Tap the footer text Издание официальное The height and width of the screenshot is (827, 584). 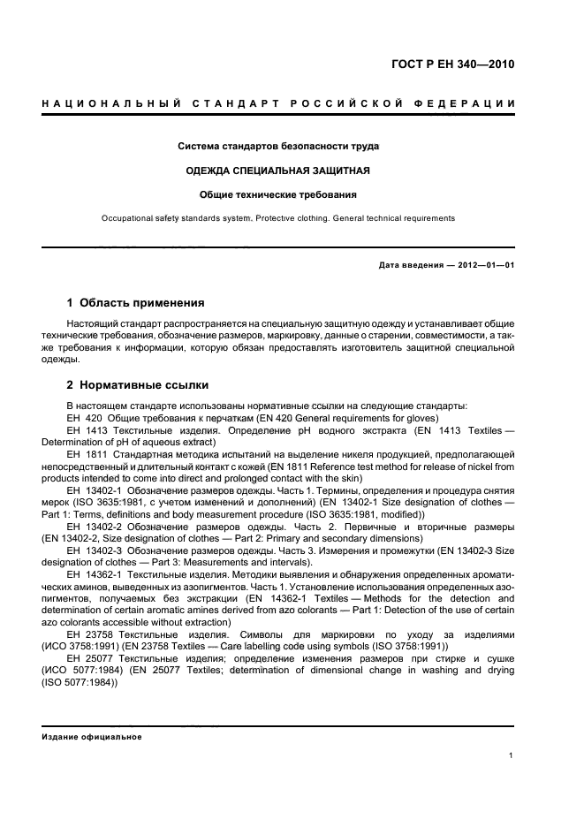point(92,737)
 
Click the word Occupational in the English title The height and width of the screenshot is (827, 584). point(127,217)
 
